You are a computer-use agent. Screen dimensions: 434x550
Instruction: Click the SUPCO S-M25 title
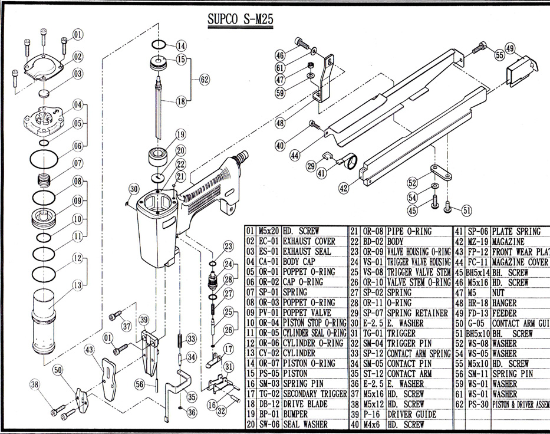click(x=239, y=19)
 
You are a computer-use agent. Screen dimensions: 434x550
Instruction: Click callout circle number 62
click(x=205, y=78)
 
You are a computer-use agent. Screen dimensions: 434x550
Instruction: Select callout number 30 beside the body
click(x=134, y=189)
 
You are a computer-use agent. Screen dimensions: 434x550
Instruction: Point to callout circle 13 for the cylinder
click(x=77, y=285)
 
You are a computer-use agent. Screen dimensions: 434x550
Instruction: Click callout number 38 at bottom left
click(x=37, y=385)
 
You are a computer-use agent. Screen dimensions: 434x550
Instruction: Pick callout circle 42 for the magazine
click(x=344, y=189)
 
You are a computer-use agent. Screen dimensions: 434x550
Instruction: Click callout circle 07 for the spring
click(x=77, y=163)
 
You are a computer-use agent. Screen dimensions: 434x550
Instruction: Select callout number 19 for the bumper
click(x=180, y=134)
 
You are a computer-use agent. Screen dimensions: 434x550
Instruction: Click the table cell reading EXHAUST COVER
click(x=309, y=241)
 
